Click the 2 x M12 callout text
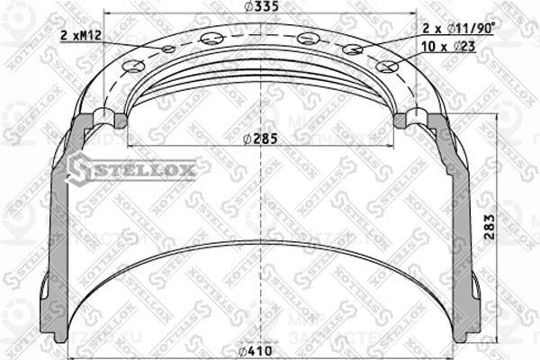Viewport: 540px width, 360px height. (x=80, y=35)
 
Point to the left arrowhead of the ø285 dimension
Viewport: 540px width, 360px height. (x=132, y=146)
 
